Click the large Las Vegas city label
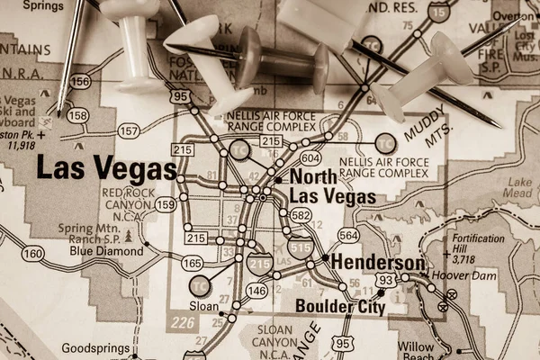tap(105, 169)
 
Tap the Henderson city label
tap(377, 262)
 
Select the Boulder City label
tap(340, 307)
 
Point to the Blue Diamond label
tap(106, 252)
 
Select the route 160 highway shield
tap(32, 254)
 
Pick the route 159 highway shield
tap(165, 205)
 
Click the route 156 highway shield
tap(81, 82)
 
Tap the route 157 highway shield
tap(129, 131)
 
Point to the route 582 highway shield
tap(301, 216)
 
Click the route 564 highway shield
tap(348, 235)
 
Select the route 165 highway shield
tap(191, 264)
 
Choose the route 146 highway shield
tap(257, 291)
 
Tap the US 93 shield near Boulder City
tap(385, 282)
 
